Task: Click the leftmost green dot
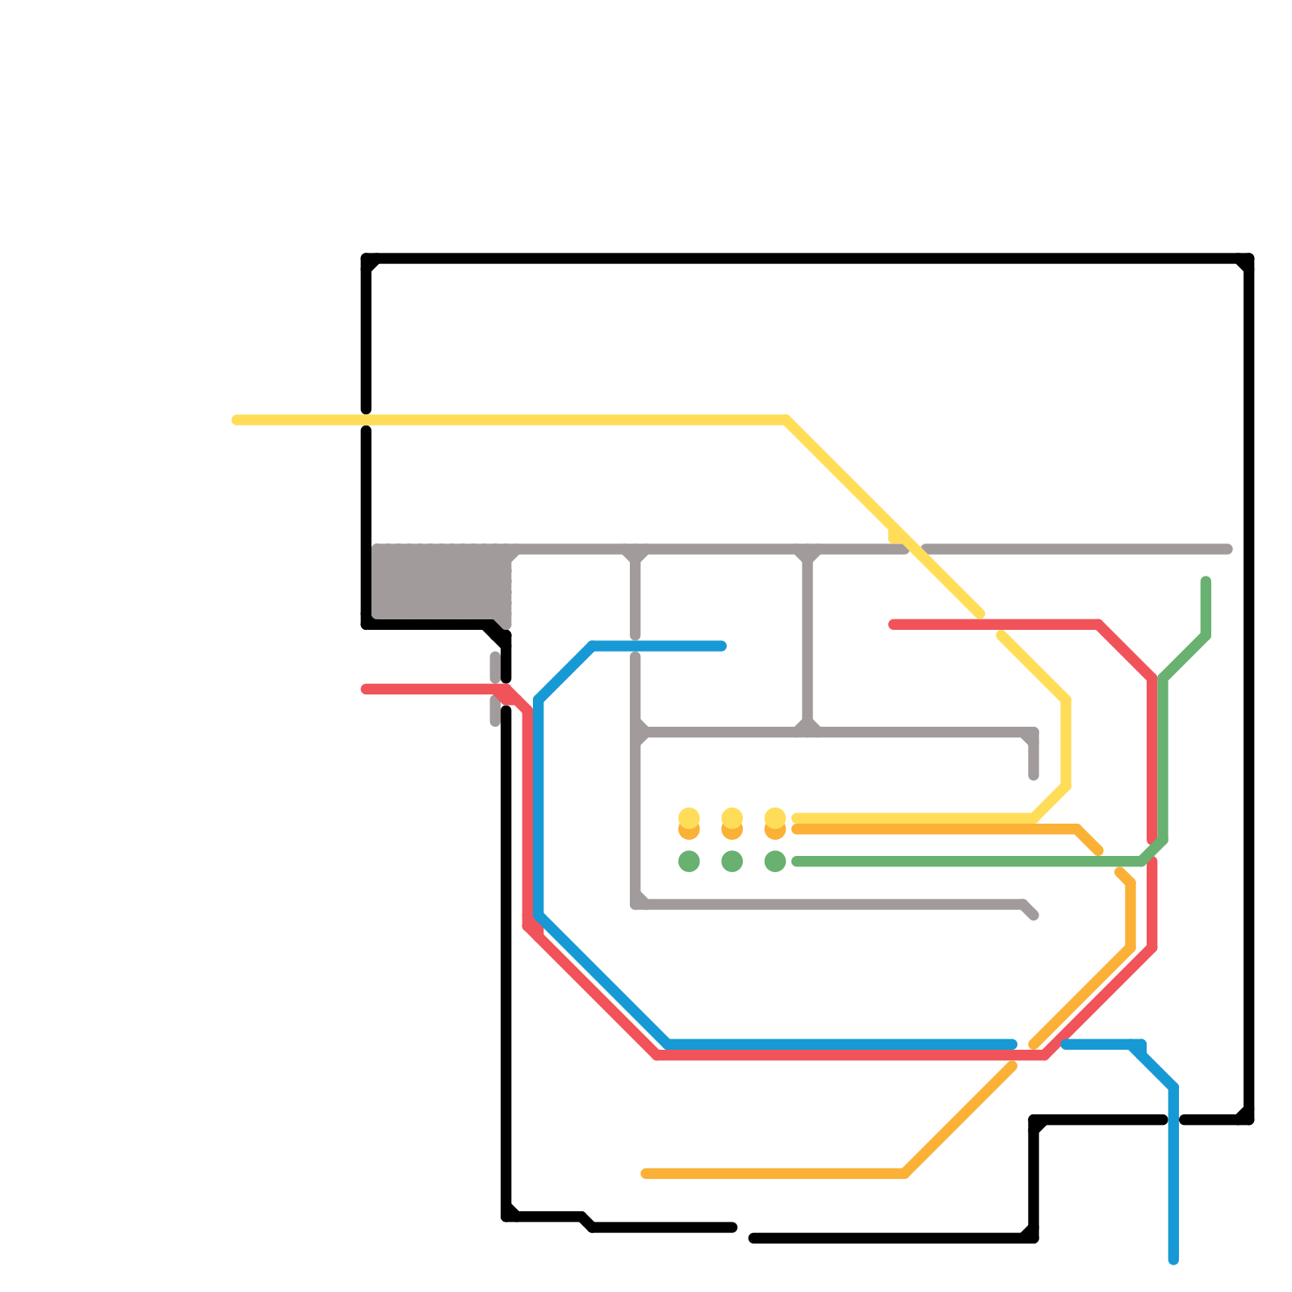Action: [689, 862]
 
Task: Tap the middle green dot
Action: [732, 862]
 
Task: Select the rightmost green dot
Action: [775, 862]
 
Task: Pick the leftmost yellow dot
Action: [689, 818]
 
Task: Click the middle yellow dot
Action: [732, 818]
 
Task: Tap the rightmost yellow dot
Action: [775, 818]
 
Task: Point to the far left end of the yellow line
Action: [236, 420]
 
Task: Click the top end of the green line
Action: [1206, 581]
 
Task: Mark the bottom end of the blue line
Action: [1173, 1260]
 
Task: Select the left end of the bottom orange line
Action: [645, 1173]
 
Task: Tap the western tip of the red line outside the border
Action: [365, 689]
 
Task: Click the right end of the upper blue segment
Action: [722, 646]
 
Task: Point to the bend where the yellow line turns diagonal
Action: [786, 420]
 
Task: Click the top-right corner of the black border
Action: [1248, 258]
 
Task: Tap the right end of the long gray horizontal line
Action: [1228, 549]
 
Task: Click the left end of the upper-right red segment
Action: [892, 624]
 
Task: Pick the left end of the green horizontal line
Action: [796, 862]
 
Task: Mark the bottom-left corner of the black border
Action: [506, 1216]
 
